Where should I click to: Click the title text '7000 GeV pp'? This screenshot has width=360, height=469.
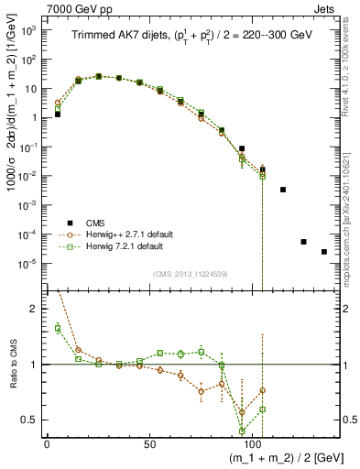point(75,7)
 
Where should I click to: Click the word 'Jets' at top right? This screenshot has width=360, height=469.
point(325,7)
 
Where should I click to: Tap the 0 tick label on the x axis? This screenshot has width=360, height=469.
point(47,442)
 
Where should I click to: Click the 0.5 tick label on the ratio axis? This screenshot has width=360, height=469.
point(29,420)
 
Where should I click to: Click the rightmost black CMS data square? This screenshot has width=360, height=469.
point(324,252)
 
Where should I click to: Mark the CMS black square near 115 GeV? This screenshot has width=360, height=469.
point(283,190)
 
